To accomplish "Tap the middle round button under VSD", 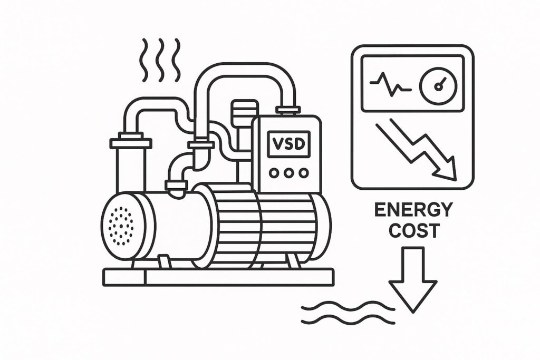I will (288, 172).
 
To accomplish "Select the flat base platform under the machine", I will (218, 277).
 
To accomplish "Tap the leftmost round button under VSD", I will (273, 172).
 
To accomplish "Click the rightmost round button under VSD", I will (303, 172).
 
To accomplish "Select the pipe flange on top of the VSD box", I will (288, 110).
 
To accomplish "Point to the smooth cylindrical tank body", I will (174, 227).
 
